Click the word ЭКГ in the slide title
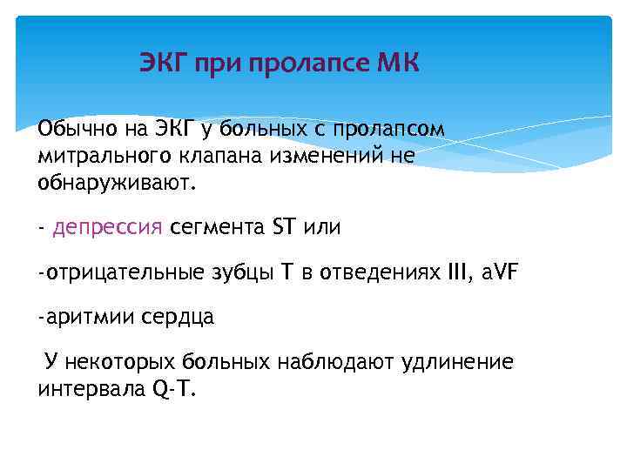click(x=164, y=64)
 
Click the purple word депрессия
click(x=108, y=228)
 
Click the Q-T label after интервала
click(x=175, y=389)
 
